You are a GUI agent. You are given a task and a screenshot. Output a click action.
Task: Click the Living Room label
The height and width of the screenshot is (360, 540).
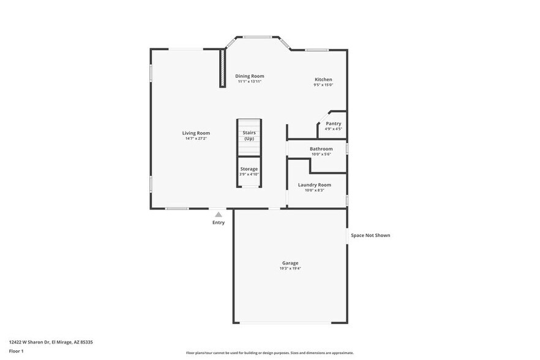point(196,133)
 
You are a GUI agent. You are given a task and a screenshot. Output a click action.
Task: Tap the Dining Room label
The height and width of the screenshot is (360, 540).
point(250,76)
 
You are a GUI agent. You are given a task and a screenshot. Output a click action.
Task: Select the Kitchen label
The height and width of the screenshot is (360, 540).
point(323,80)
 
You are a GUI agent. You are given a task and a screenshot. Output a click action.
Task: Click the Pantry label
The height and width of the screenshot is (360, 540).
point(333,124)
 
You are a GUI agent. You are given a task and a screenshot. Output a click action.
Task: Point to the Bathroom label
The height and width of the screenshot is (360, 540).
point(321,149)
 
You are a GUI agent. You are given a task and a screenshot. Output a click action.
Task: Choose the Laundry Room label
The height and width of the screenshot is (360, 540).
point(315,185)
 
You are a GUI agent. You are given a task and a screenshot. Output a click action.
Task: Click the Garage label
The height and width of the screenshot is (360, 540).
point(290,263)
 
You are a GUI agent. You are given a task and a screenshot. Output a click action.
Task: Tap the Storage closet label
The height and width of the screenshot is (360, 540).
point(249,169)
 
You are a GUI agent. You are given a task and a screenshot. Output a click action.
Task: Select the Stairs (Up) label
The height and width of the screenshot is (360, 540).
point(249,135)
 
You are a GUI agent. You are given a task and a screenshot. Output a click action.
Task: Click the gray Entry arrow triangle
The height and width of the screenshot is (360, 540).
point(219,214)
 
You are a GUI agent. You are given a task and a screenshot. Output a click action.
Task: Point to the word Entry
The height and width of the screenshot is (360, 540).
point(219,223)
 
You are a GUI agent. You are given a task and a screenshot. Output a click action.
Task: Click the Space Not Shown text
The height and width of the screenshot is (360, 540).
point(370,235)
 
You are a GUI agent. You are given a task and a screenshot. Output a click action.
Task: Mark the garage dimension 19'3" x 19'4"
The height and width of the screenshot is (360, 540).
point(290,269)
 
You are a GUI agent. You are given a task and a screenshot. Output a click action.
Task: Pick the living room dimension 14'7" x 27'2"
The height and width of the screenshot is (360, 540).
point(196,138)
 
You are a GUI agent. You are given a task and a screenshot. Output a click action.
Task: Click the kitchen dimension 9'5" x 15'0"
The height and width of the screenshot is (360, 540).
point(323,85)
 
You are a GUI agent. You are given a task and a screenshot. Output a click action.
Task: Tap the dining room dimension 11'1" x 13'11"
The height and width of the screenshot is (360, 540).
point(250,81)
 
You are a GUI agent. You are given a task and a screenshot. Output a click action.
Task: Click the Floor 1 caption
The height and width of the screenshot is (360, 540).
point(16,351)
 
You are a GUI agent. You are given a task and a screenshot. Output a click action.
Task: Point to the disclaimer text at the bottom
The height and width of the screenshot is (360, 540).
point(269,353)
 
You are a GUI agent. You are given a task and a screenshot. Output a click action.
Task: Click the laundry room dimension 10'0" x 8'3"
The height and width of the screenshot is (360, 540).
point(315,190)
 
